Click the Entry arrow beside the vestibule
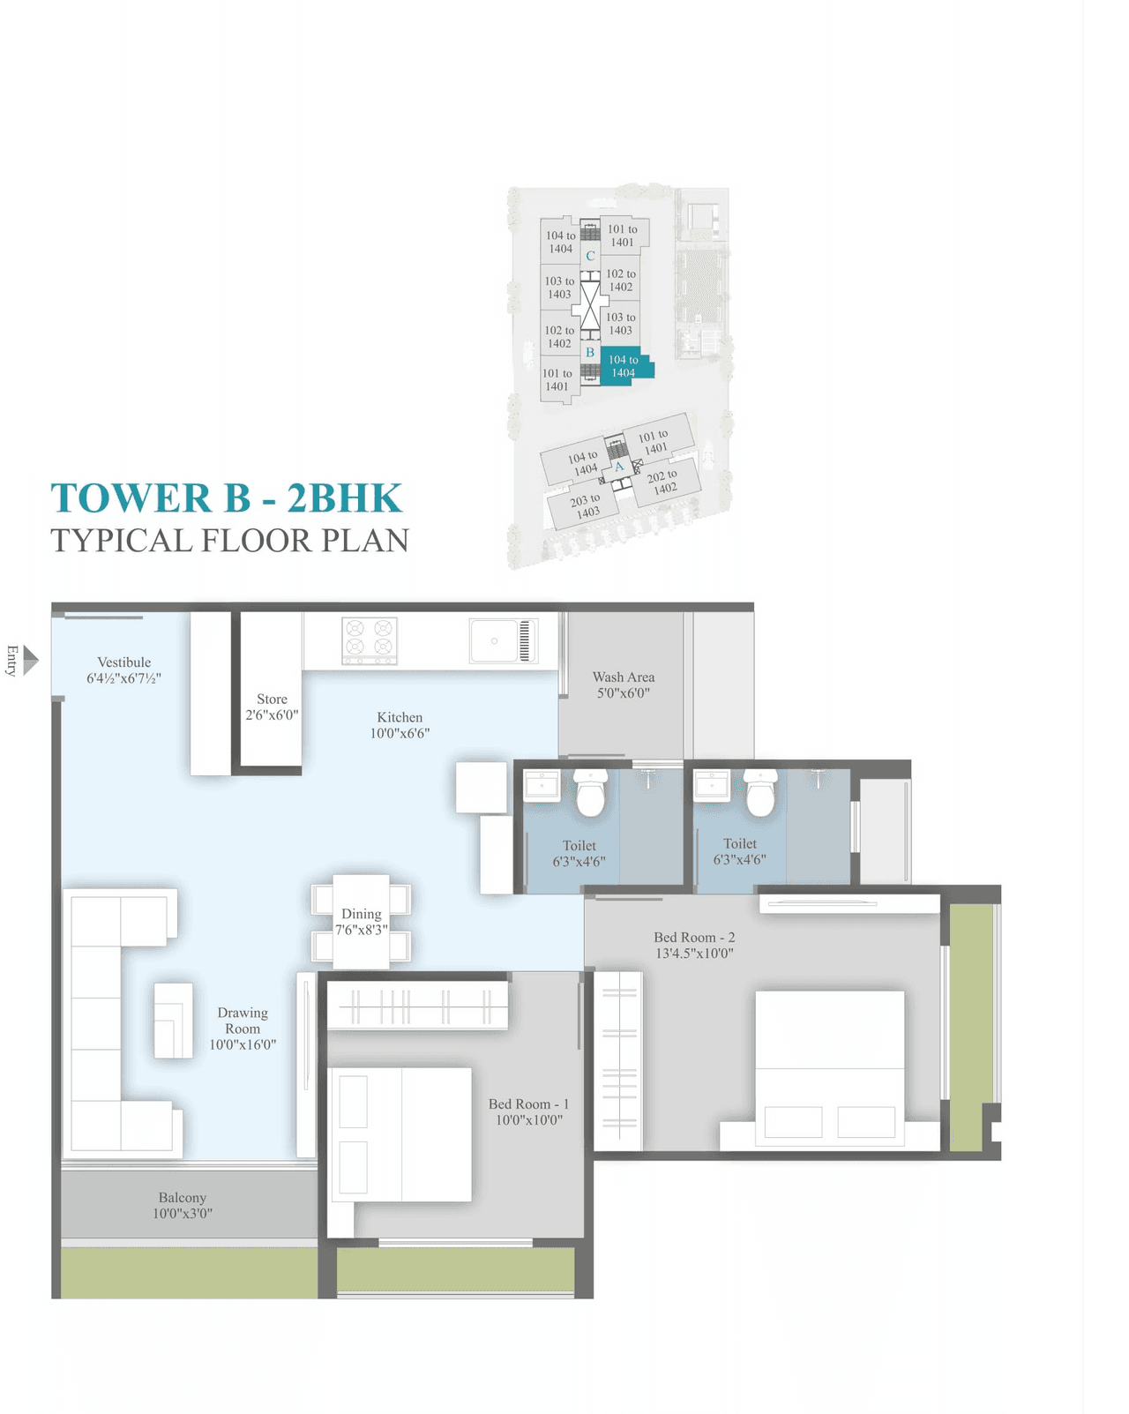[x=30, y=660]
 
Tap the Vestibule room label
[x=123, y=663]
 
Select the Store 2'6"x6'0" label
[x=272, y=707]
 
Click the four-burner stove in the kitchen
[x=369, y=640]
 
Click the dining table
[x=361, y=922]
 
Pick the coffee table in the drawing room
[x=174, y=1021]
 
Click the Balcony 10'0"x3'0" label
[x=183, y=1205]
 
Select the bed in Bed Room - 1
[x=401, y=1134]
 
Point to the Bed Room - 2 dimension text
[x=694, y=954]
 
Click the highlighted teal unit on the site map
[x=625, y=365]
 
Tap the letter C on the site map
[x=590, y=256]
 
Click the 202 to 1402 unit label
[x=662, y=482]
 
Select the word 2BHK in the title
[x=345, y=498]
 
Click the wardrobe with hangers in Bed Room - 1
[x=417, y=1006]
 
